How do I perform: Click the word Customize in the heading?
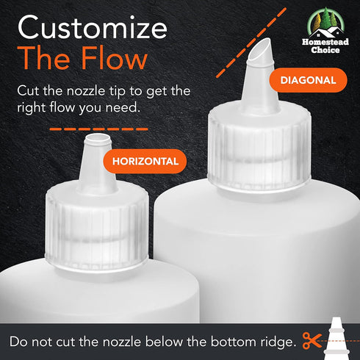[x=93, y=27]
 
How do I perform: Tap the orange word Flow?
[x=114, y=58]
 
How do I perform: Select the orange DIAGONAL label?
[x=308, y=80]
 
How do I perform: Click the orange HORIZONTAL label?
[x=145, y=162]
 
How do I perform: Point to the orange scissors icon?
[x=312, y=340]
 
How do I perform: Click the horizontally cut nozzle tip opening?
[x=98, y=137]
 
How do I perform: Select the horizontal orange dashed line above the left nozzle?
[x=98, y=129]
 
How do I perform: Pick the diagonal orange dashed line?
[x=251, y=43]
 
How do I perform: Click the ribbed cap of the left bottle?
[x=97, y=228]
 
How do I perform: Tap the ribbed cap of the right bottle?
[x=259, y=147]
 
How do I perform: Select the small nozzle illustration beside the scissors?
[x=336, y=338]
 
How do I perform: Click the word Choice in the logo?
[x=325, y=50]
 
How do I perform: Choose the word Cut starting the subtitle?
[x=28, y=91]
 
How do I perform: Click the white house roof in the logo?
[x=325, y=32]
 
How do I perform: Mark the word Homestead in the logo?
[x=325, y=42]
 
